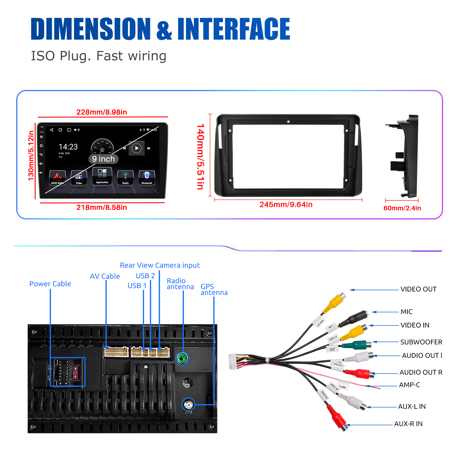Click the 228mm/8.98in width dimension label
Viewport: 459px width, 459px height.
tap(102, 112)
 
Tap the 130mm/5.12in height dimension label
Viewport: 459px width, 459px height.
tap(31, 156)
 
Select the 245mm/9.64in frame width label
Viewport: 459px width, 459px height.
tap(286, 205)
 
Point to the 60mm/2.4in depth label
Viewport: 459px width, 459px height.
tap(402, 208)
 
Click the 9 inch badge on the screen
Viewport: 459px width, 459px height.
tap(103, 159)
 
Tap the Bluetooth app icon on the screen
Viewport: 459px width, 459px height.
tap(147, 177)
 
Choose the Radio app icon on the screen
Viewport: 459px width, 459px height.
tap(125, 177)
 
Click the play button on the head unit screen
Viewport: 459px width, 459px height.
tap(137, 148)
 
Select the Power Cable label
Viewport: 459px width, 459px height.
tap(50, 284)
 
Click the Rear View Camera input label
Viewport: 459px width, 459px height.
tap(160, 265)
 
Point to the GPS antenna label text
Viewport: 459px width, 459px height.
tap(214, 289)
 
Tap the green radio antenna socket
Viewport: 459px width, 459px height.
tap(182, 358)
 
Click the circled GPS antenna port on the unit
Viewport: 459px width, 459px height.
tap(188, 405)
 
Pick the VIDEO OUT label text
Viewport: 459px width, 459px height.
tap(418, 289)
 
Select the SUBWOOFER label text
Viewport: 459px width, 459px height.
tap(421, 342)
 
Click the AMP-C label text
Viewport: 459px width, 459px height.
tap(409, 385)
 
